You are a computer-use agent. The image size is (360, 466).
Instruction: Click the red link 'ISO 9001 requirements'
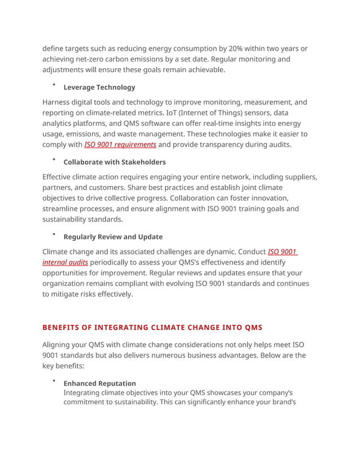tap(120, 144)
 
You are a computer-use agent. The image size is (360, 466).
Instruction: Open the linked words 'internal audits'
tap(65, 262)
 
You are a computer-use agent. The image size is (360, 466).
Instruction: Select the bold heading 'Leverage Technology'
tap(99, 87)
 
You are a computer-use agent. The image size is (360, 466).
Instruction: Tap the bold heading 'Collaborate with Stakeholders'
tap(115, 162)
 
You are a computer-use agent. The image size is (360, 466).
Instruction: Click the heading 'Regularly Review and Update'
tap(113, 237)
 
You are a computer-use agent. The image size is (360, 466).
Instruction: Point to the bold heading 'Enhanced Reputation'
tap(99, 383)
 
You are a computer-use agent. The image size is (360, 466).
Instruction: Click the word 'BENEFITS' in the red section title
tap(63, 327)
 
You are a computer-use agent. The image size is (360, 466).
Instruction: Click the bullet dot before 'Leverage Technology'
tap(54, 85)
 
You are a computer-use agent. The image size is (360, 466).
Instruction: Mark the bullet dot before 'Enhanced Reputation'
tap(54, 381)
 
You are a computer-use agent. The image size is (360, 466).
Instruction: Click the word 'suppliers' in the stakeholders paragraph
tap(297, 177)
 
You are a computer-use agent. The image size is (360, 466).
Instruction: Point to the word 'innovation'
tap(269, 198)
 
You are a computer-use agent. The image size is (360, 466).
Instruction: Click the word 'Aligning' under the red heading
tap(58, 345)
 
